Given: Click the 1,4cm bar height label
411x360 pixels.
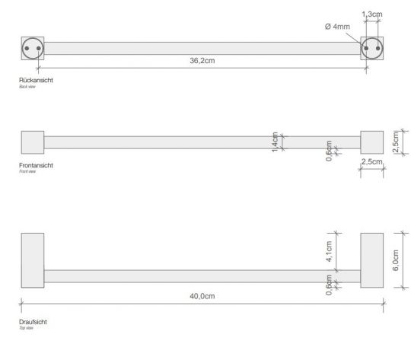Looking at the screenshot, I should pos(275,142).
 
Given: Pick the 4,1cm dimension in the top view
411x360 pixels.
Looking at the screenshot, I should pos(329,253).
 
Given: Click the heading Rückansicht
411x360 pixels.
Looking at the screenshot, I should pos(37,80).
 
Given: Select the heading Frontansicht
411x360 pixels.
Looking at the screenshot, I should pos(37,164).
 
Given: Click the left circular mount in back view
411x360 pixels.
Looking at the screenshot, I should pos(31,48).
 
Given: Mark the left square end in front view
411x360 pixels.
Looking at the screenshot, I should pos(32,142).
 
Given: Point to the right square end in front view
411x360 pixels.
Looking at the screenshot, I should pos(371,142).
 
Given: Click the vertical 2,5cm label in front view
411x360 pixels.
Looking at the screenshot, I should pos(395,142).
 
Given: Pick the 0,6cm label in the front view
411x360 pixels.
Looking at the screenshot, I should pos(329,151).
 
